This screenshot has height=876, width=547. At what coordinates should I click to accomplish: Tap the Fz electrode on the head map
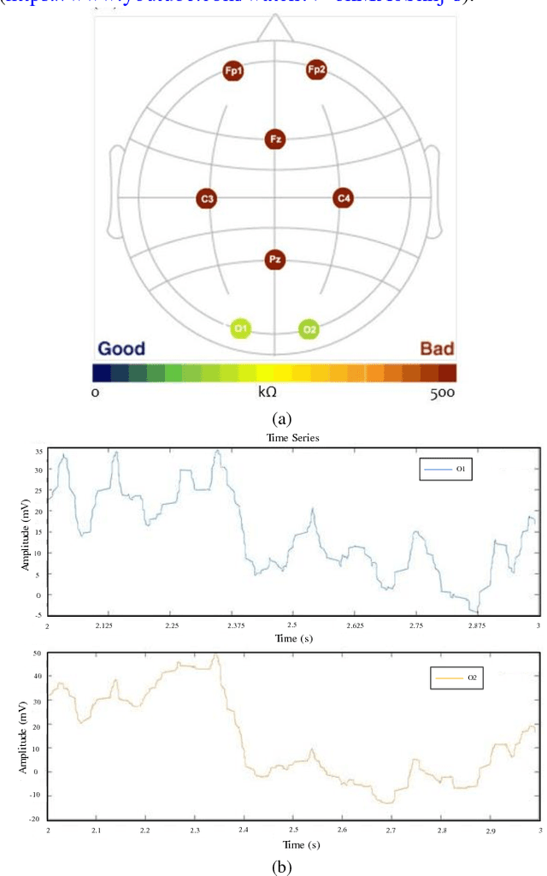[x=274, y=139]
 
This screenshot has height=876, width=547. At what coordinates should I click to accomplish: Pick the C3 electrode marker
[x=206, y=199]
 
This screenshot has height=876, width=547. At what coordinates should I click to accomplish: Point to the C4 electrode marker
[x=343, y=198]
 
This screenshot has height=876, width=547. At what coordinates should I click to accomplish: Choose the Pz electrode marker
[x=274, y=259]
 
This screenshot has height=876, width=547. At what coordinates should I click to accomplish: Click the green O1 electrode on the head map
[x=241, y=328]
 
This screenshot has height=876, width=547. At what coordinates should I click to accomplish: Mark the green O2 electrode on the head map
[x=309, y=328]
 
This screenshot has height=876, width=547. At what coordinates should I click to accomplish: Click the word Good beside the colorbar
[x=121, y=349]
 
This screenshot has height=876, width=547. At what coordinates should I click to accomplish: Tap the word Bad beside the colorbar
[x=437, y=349]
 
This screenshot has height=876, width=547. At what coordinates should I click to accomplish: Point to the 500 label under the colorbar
[x=441, y=393]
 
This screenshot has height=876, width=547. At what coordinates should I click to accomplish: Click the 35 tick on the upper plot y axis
[x=38, y=451]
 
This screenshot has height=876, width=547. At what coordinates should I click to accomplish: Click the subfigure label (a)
[x=281, y=418]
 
